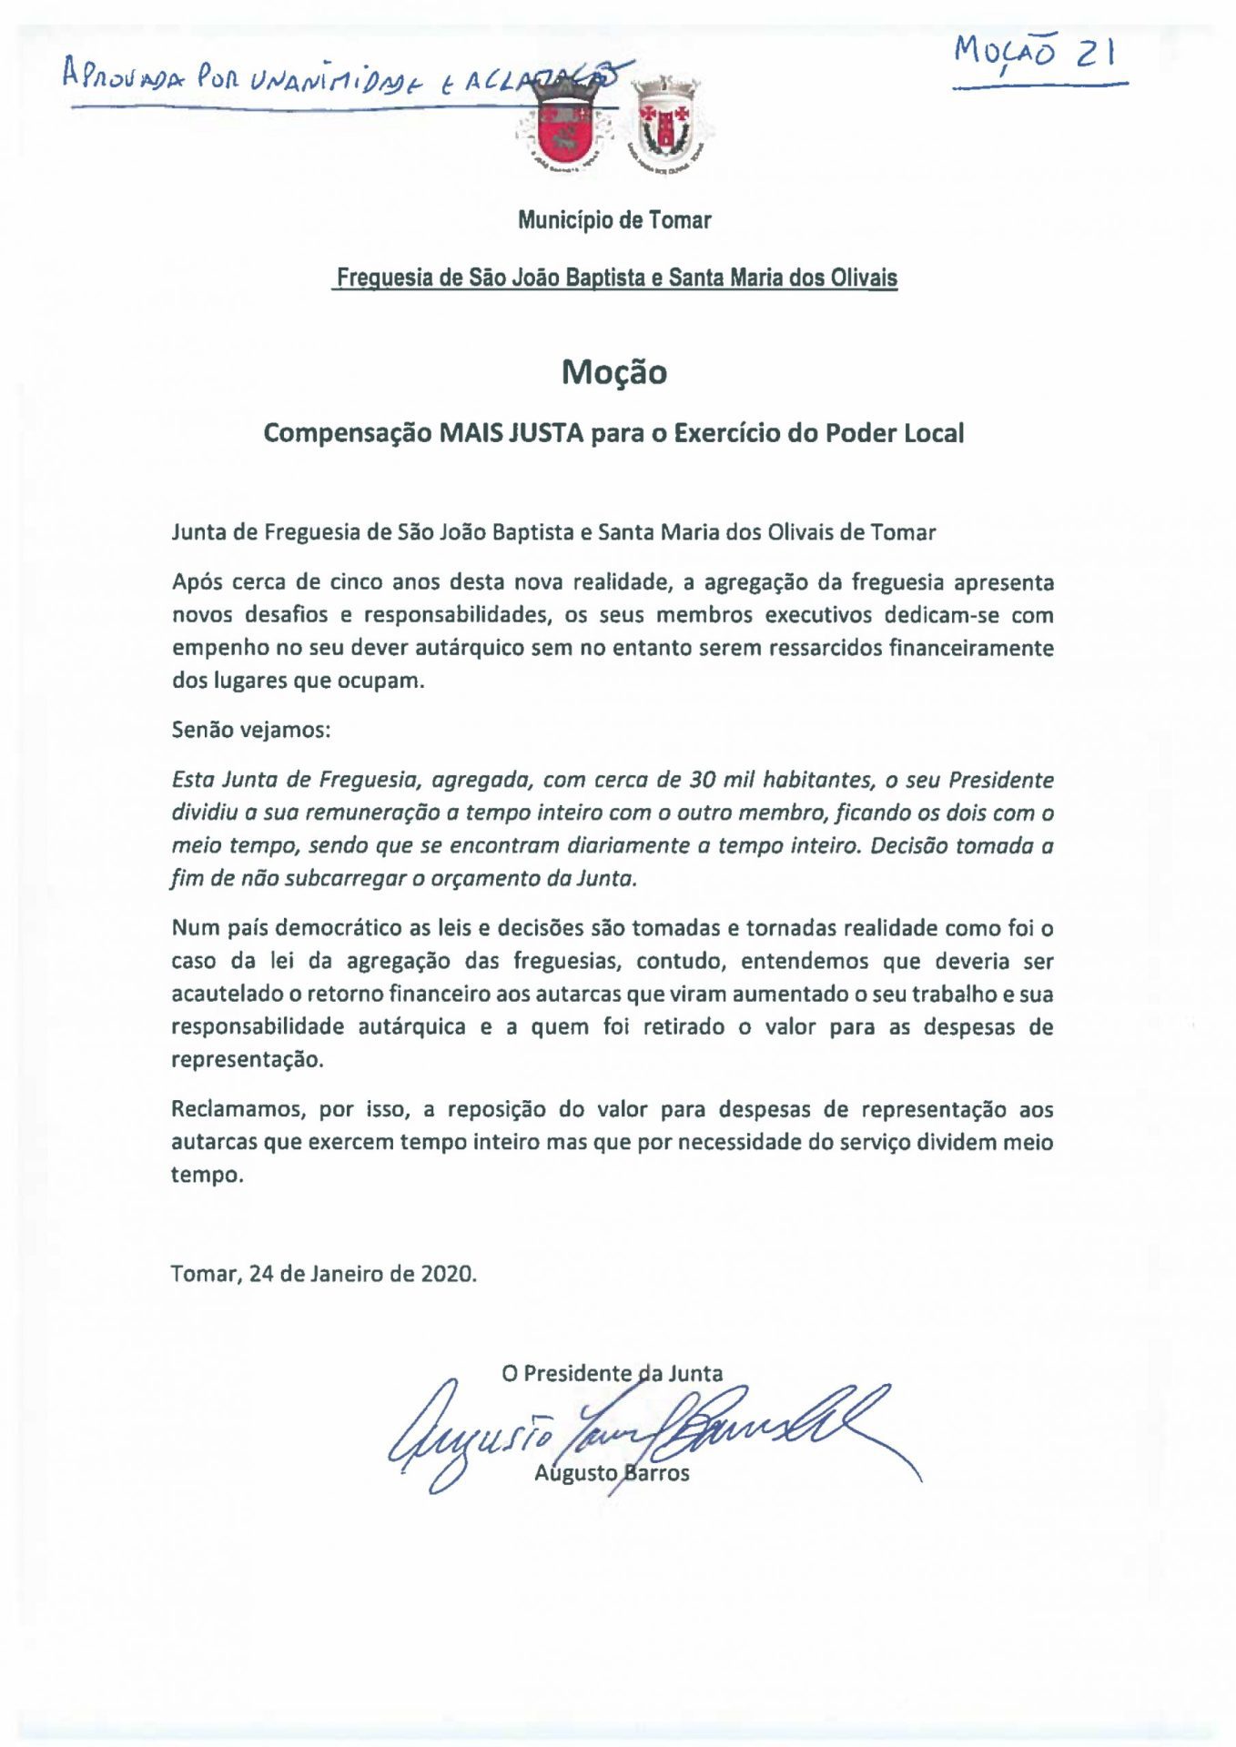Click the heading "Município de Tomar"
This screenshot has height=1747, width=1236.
pyautogui.click(x=614, y=220)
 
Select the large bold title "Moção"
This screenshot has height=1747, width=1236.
pyautogui.click(x=614, y=372)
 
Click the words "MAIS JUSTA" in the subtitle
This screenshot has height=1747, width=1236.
pyautogui.click(x=511, y=433)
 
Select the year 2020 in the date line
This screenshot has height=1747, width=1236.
pyautogui.click(x=446, y=1273)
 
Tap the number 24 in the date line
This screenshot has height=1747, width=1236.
pyautogui.click(x=261, y=1273)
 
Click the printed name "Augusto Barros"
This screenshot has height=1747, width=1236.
pyautogui.click(x=612, y=1472)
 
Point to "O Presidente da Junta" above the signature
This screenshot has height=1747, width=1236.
pyautogui.click(x=612, y=1373)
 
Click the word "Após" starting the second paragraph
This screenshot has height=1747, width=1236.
pyautogui.click(x=194, y=582)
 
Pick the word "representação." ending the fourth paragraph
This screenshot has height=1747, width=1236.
pyautogui.click(x=248, y=1060)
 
